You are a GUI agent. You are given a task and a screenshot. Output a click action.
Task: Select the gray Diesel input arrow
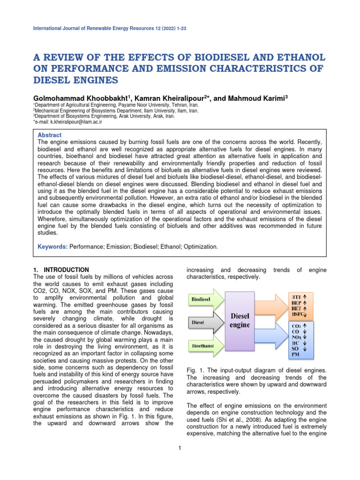coord(206,323)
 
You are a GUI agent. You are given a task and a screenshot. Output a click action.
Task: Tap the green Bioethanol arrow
coord(206,347)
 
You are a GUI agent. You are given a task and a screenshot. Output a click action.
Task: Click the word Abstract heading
coord(49,134)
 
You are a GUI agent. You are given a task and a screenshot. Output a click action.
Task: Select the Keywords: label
coord(52,246)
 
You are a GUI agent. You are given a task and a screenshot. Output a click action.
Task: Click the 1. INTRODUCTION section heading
coord(61,270)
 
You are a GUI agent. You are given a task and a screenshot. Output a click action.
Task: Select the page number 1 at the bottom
coord(180,449)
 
